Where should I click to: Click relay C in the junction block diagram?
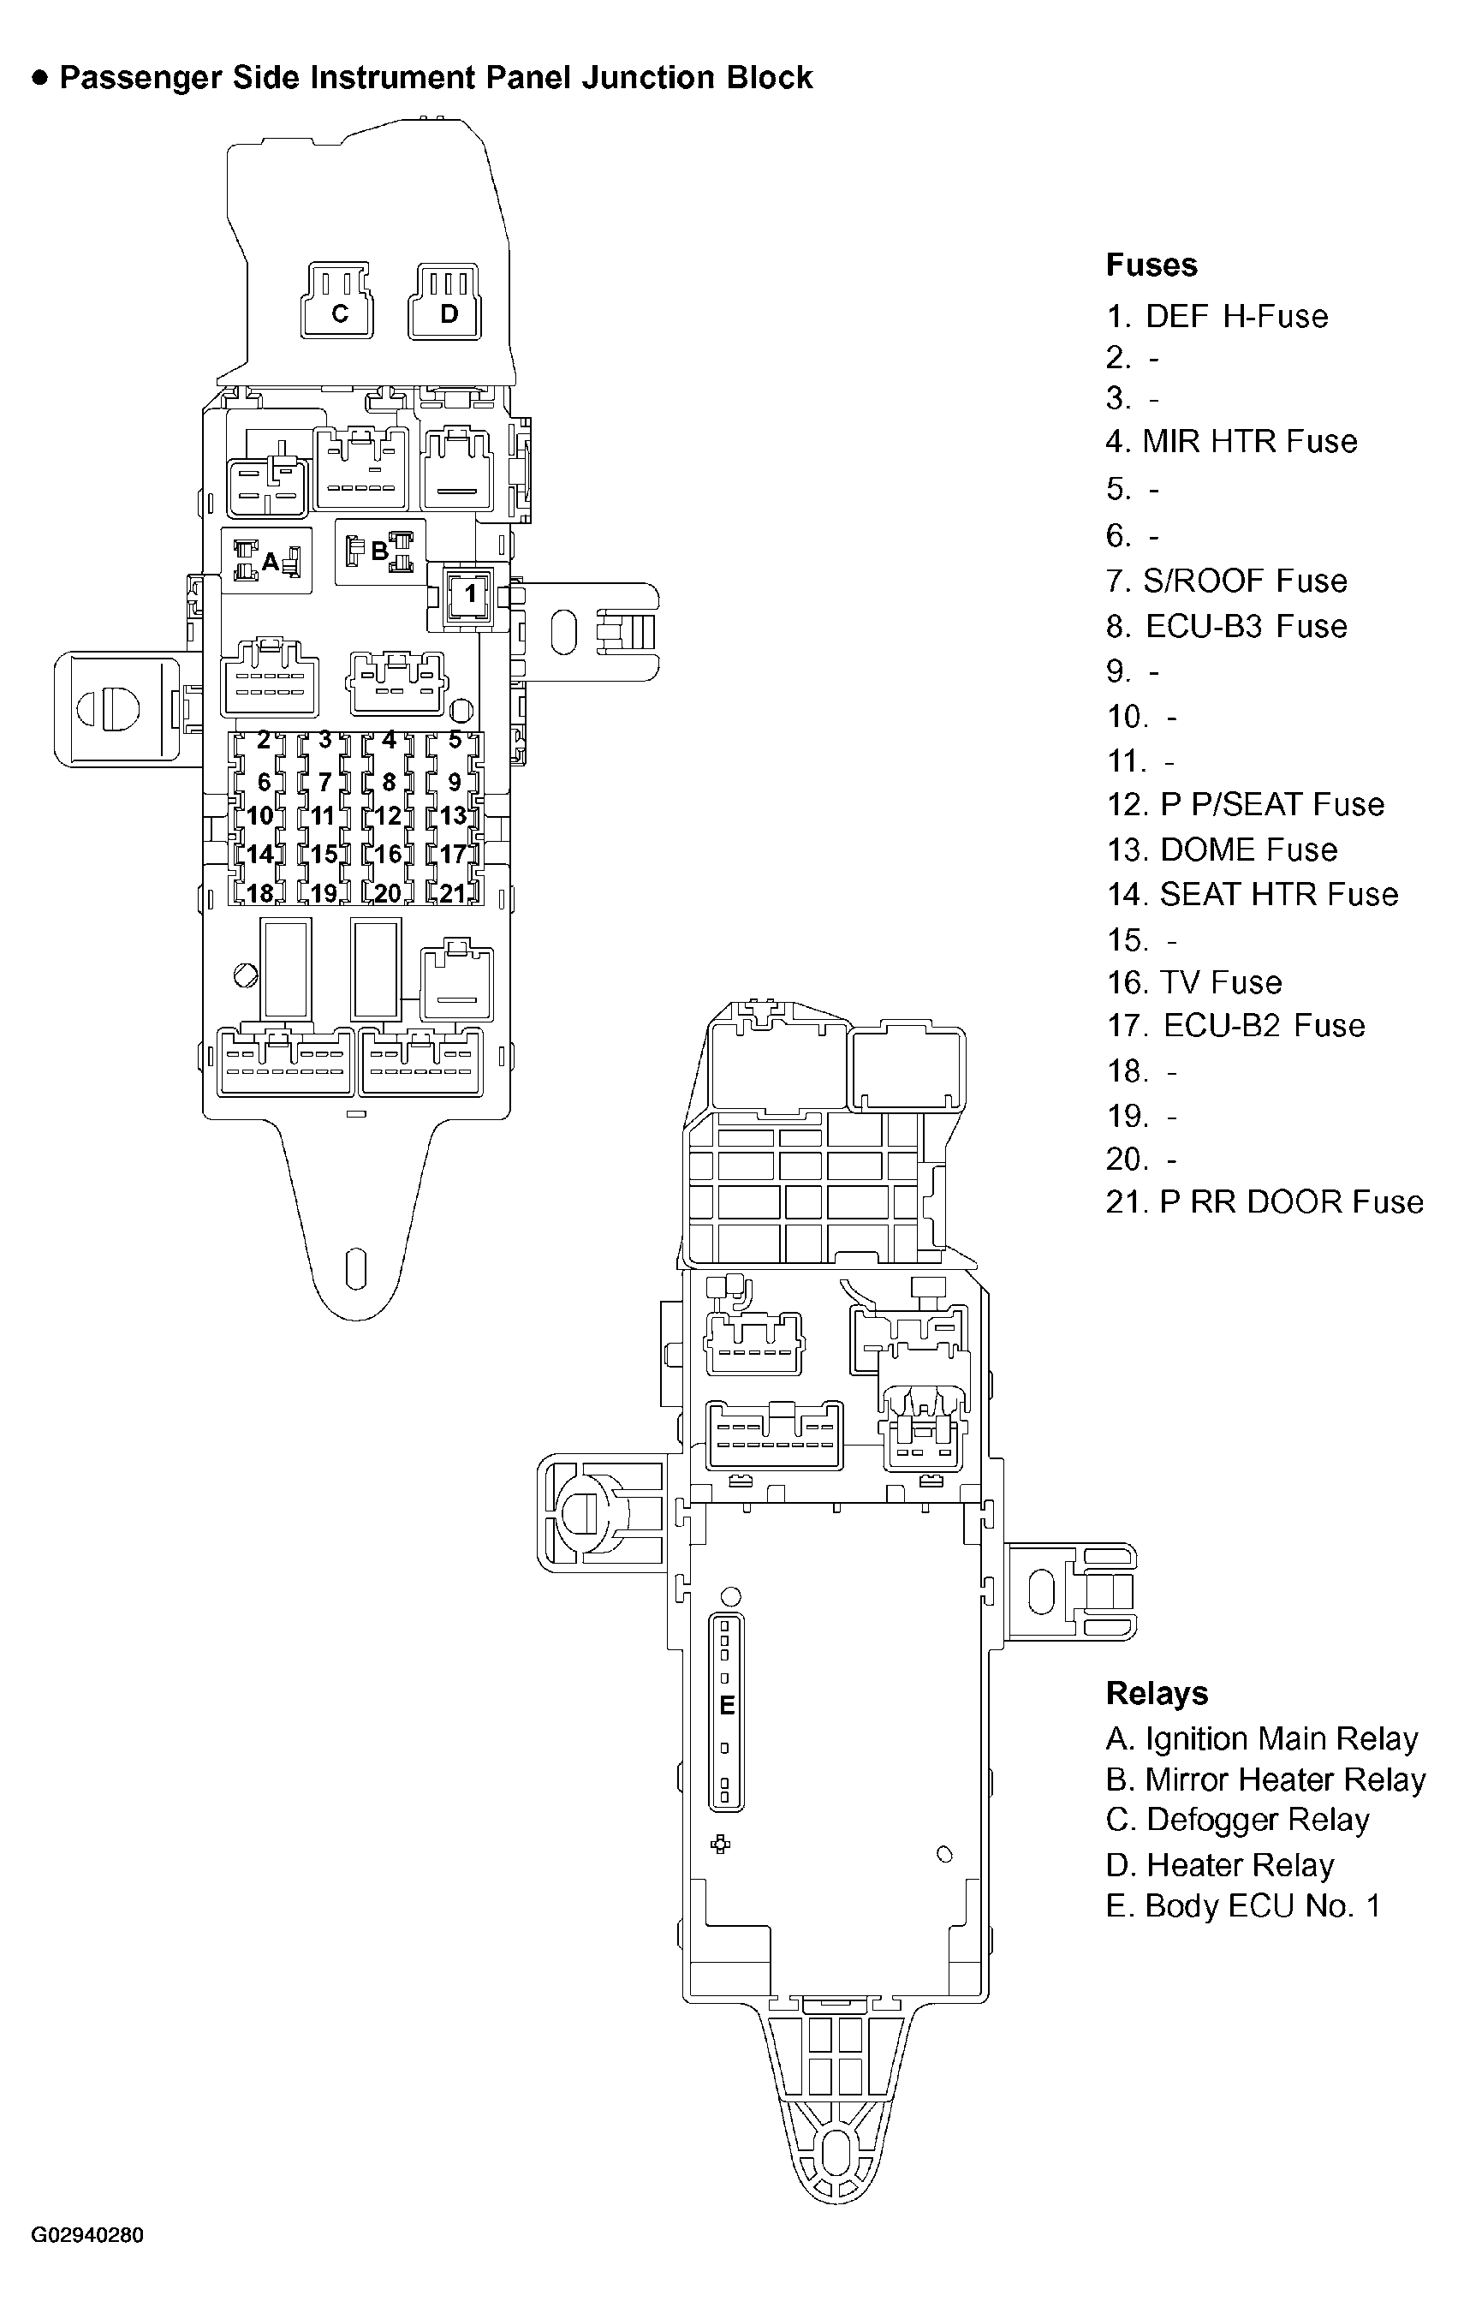(339, 303)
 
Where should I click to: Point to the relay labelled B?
(380, 551)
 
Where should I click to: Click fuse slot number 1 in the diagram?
(469, 594)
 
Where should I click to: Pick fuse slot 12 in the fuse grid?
(387, 816)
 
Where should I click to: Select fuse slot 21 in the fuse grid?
(452, 893)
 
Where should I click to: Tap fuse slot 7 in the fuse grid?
(324, 783)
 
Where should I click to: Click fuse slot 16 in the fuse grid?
(387, 854)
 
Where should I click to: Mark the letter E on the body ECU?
(727, 1705)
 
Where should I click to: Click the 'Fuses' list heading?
(1151, 265)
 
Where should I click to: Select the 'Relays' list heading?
(1157, 1693)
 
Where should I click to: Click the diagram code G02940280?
(87, 2235)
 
